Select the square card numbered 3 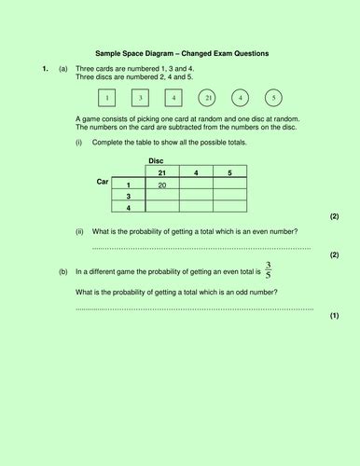pyautogui.click(x=141, y=98)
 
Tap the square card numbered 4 pyautogui.click(x=174, y=98)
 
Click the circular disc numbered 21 pyautogui.click(x=209, y=98)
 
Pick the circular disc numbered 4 pyautogui.click(x=242, y=98)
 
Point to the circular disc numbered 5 pyautogui.click(x=273, y=98)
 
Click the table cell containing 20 pyautogui.click(x=162, y=184)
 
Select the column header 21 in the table pyautogui.click(x=162, y=171)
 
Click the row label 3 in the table pyautogui.click(x=129, y=197)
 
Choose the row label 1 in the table pyautogui.click(x=129, y=184)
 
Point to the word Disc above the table pyautogui.click(x=157, y=160)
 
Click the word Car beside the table pyautogui.click(x=104, y=181)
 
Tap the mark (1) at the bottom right pyautogui.click(x=334, y=316)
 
